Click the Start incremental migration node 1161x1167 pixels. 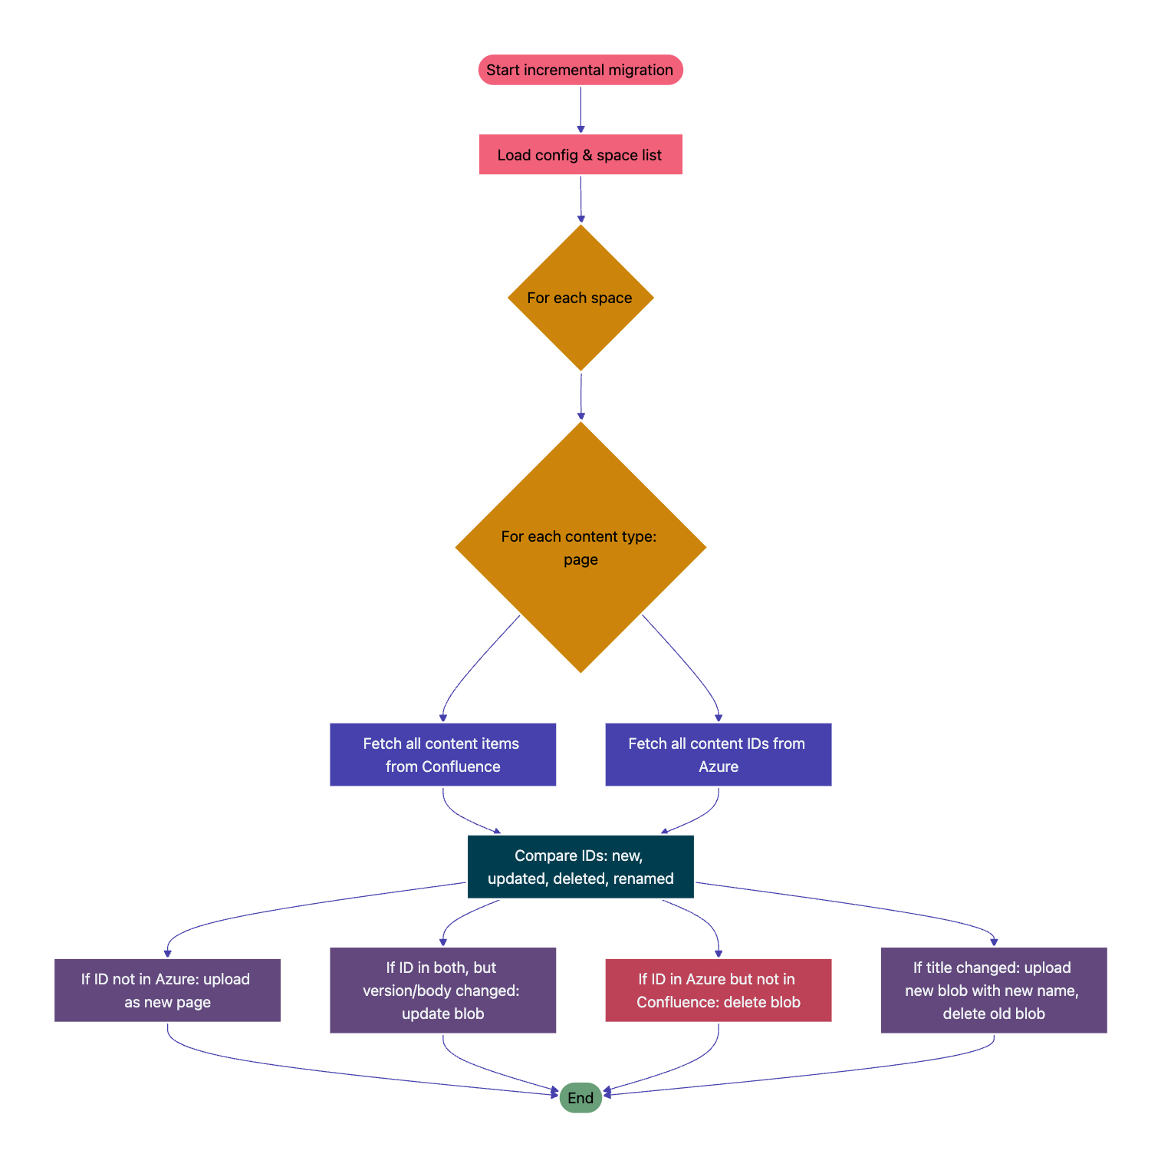click(580, 70)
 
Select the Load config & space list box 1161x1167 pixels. click(580, 155)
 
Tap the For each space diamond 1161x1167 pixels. click(580, 298)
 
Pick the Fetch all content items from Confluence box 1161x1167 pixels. click(442, 754)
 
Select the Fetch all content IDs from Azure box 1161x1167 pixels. click(718, 754)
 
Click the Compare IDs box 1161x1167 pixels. click(580, 867)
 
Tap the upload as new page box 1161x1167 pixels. click(167, 990)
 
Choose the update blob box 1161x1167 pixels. click(442, 990)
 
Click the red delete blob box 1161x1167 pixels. click(718, 990)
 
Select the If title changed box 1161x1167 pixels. click(993, 990)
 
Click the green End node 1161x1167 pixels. click(580, 1098)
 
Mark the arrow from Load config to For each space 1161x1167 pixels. click(580, 199)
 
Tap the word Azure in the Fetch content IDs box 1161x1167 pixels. click(719, 766)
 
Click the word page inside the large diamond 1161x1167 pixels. click(580, 559)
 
